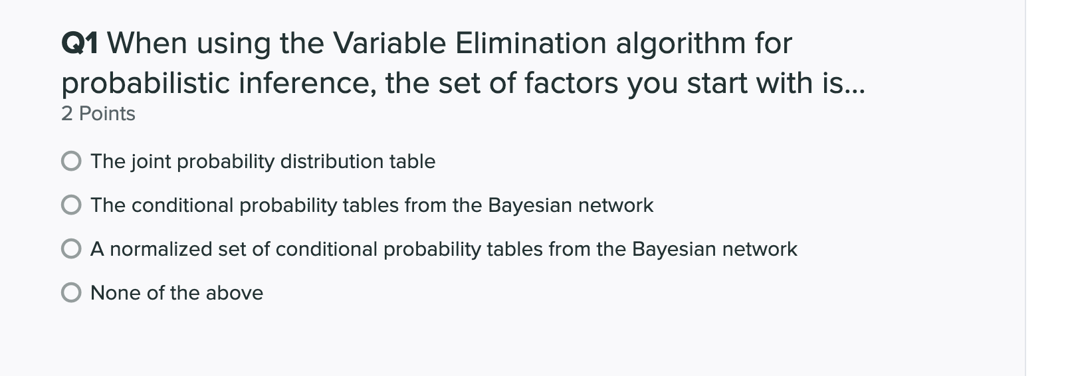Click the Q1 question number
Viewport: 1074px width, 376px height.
tap(80, 44)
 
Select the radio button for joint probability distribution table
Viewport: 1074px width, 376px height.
tap(71, 161)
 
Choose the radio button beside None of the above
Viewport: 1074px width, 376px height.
tap(71, 293)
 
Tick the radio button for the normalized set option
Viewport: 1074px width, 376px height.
tap(71, 249)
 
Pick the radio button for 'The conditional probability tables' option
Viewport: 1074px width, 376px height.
tap(71, 205)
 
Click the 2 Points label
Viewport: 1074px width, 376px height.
tap(98, 114)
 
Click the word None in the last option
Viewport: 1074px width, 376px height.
tap(113, 293)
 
